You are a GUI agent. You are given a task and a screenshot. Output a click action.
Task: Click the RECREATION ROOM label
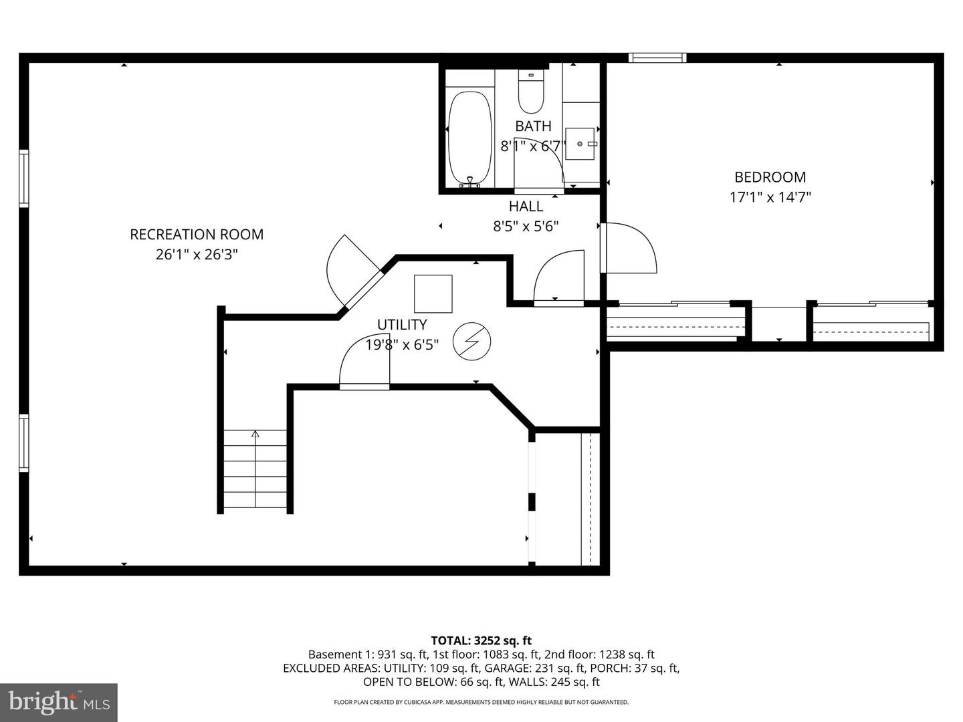point(197,235)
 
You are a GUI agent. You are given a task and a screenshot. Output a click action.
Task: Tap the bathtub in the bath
point(469,139)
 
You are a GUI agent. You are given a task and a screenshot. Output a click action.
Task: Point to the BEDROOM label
point(770,177)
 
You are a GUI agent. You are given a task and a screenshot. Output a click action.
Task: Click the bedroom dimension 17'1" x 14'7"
point(770,197)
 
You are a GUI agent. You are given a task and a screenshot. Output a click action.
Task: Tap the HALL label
point(526,206)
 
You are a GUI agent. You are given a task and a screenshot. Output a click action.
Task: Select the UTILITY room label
point(401,325)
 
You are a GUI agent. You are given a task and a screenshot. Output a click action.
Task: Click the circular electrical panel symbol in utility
point(471,342)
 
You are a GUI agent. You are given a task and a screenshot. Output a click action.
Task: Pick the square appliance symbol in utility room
point(433,293)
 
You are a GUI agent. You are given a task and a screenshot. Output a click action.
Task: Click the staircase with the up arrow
point(255,470)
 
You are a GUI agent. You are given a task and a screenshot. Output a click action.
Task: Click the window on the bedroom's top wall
point(657,58)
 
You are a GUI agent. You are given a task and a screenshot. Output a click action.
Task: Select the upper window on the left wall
point(24,178)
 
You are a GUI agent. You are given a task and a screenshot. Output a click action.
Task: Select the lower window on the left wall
point(24,443)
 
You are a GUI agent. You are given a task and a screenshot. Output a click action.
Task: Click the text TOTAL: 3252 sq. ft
point(481,640)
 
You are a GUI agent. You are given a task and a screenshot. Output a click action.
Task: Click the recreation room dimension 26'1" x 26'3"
point(197,255)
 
